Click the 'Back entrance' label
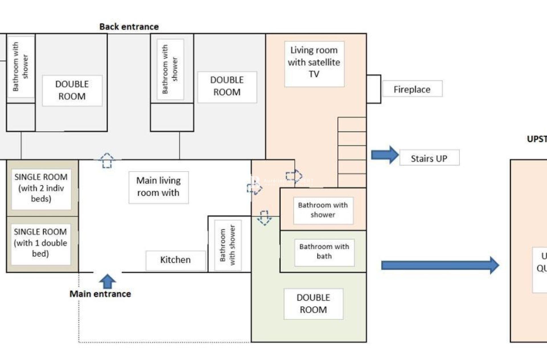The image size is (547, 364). (x=129, y=27)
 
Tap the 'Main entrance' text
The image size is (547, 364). (x=100, y=294)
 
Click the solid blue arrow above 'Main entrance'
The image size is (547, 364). (x=107, y=281)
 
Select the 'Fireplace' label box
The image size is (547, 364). (x=412, y=89)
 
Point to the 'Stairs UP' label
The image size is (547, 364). (x=429, y=158)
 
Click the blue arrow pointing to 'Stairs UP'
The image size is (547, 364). (x=385, y=155)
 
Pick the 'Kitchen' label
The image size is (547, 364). (x=175, y=260)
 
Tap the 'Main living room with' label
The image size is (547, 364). (x=158, y=187)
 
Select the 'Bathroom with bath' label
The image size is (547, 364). (x=324, y=252)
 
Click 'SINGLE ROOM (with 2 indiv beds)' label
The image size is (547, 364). (x=41, y=188)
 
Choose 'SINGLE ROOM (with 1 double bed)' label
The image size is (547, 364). (x=40, y=243)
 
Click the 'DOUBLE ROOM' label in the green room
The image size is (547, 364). (x=313, y=304)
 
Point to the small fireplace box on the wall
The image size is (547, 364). (x=373, y=89)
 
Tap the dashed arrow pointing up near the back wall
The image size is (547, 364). (x=107, y=161)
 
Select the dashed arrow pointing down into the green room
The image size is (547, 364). (x=264, y=218)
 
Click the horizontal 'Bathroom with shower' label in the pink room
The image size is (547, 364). (x=323, y=210)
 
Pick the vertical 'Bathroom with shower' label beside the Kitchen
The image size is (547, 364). (x=228, y=245)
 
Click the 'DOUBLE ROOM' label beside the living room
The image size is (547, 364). (x=227, y=86)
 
